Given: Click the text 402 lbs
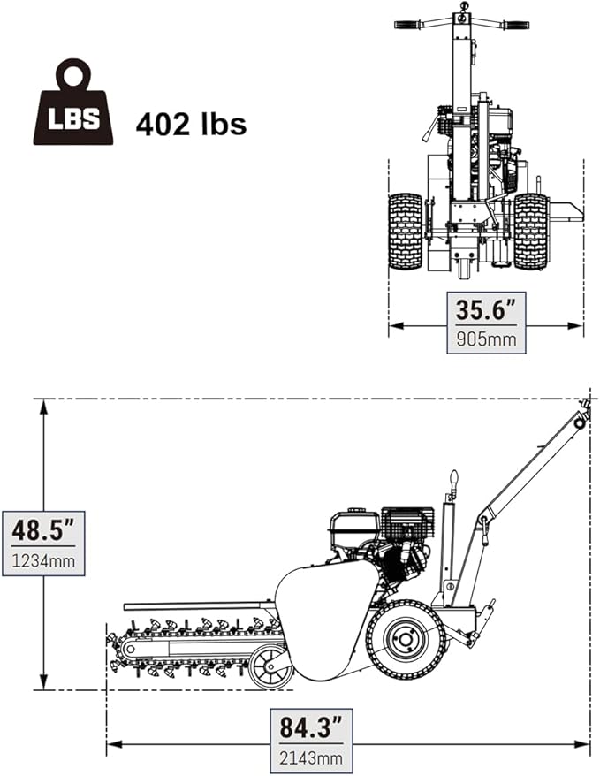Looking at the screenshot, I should pos(190,124).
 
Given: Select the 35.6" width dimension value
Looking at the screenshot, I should pos(485,309).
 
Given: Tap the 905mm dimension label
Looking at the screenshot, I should pos(485,338).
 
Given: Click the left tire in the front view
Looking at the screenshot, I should pos(406,232).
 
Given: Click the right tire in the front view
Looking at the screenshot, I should pos(531,232).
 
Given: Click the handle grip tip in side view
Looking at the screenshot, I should pos(582,408).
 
